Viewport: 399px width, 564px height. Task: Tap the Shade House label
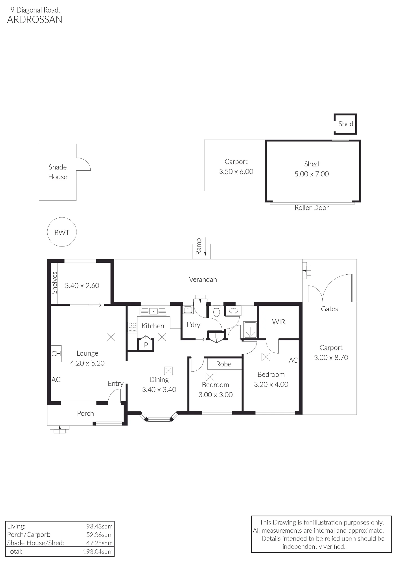tap(58, 172)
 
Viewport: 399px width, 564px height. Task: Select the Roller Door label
tap(312, 208)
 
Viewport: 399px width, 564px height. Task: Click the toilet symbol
tap(216, 311)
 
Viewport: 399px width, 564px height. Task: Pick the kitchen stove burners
tap(132, 327)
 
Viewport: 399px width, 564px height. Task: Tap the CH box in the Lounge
tap(56, 354)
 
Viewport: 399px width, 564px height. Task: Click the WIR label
tap(279, 322)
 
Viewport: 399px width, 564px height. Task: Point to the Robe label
tap(224, 364)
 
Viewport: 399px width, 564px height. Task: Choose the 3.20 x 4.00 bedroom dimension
tap(271, 384)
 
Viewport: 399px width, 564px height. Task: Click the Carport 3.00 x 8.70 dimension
tap(331, 358)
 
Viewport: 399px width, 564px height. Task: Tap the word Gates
tap(330, 309)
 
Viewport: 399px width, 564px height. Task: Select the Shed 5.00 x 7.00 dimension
tap(312, 174)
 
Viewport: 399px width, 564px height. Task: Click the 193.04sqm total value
tap(98, 552)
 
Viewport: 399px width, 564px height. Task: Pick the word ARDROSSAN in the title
tap(35, 20)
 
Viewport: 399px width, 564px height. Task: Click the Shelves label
tap(54, 283)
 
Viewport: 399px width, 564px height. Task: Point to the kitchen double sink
tap(154, 311)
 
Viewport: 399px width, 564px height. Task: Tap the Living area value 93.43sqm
tap(100, 526)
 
